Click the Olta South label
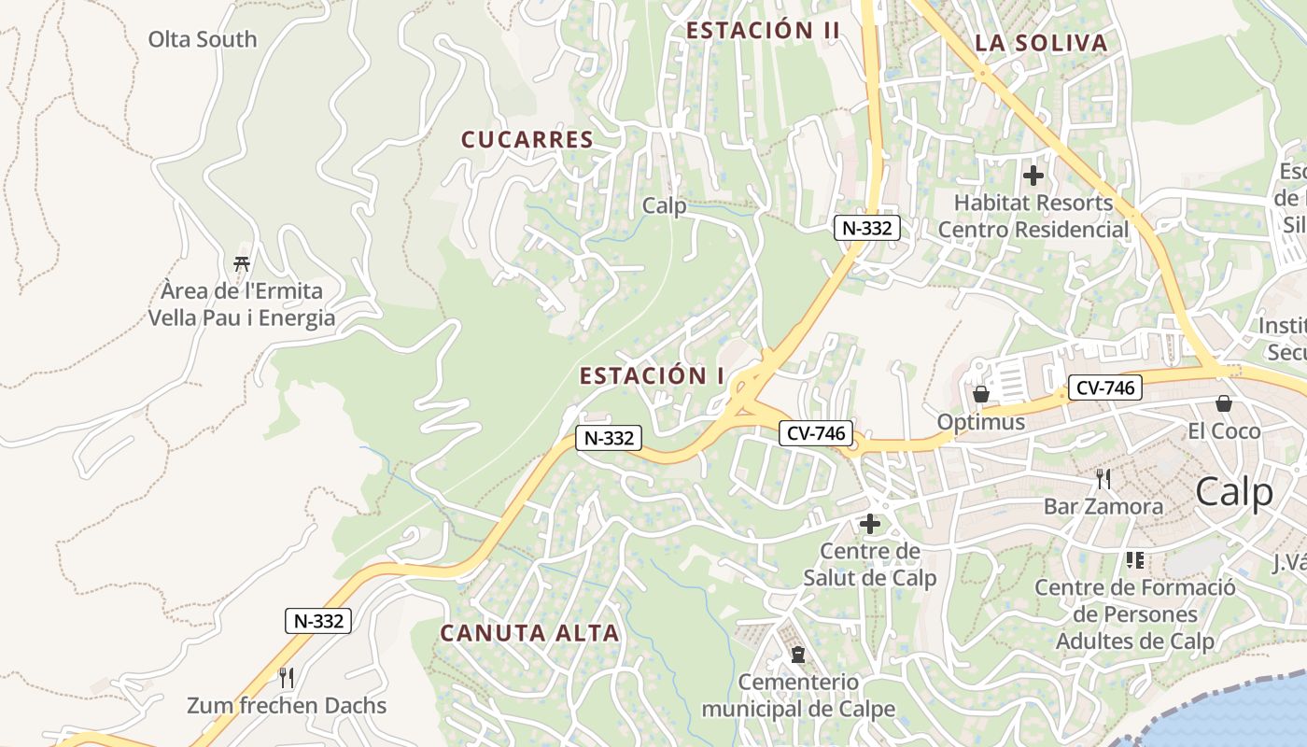coord(202,39)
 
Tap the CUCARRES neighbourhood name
coord(527,140)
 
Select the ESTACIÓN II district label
coord(763,31)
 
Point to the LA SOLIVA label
coord(1041,43)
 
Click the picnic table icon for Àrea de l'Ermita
coord(242,263)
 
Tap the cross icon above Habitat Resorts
coord(1033,176)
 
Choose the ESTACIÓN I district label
coord(652,376)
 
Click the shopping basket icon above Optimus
coord(980,394)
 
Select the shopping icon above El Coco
coord(1223,403)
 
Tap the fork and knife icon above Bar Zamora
coord(1103,479)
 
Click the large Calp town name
coord(1234,492)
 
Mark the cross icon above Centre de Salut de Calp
coord(870,524)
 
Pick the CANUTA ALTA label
coord(529,633)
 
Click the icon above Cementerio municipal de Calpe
coord(797,655)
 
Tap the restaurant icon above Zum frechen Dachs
coord(287,677)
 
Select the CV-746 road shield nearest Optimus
coord(1104,388)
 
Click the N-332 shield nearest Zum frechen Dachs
coord(318,621)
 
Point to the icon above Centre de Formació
coord(1135,560)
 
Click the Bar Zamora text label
coord(1103,507)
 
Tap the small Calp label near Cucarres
coord(665,206)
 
